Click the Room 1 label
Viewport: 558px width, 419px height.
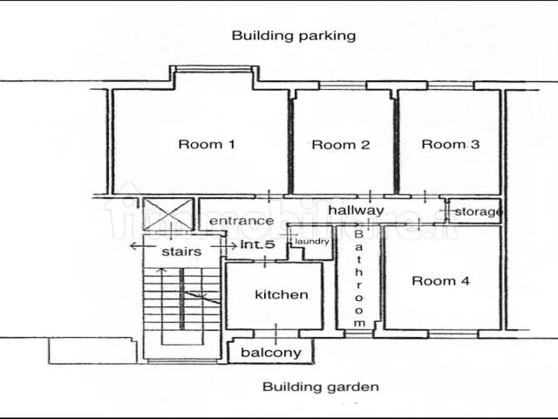click(x=207, y=144)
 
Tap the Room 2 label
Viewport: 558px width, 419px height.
click(x=341, y=145)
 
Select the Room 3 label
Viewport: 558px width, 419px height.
click(x=450, y=144)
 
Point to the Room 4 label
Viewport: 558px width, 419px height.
click(x=440, y=281)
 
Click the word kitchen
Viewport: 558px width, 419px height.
click(x=282, y=295)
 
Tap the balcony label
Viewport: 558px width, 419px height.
click(x=271, y=353)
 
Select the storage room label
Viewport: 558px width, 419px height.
click(x=479, y=211)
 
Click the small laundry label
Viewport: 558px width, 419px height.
click(x=312, y=242)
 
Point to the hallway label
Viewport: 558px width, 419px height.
click(x=357, y=210)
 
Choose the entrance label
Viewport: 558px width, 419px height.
click(x=242, y=221)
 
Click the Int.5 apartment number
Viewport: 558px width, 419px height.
click(x=258, y=244)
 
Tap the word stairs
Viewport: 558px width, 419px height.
click(x=181, y=251)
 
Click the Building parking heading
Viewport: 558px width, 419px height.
click(x=294, y=36)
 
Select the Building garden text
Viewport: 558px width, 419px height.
click(x=321, y=387)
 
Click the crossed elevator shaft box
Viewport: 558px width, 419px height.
click(x=168, y=214)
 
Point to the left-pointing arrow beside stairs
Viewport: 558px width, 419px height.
click(x=143, y=246)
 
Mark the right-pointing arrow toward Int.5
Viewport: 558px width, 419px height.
click(x=224, y=246)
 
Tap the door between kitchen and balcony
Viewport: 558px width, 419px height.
click(x=276, y=333)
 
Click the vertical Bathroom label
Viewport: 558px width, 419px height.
click(x=358, y=278)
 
